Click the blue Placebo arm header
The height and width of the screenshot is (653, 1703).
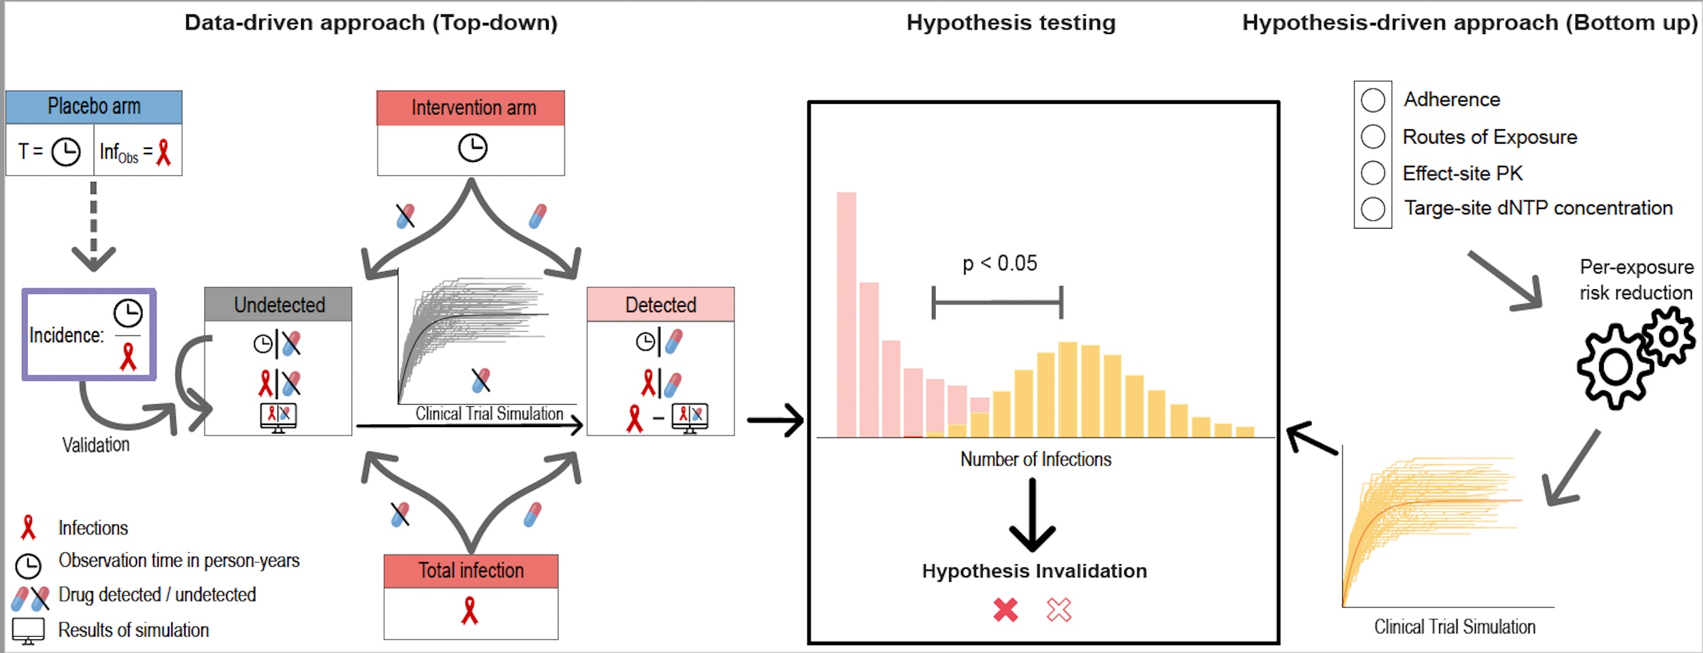click(94, 106)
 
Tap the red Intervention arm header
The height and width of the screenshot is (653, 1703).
click(471, 108)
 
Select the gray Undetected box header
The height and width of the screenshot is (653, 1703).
click(278, 305)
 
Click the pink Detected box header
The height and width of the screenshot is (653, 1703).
click(660, 305)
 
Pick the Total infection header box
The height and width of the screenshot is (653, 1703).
click(471, 570)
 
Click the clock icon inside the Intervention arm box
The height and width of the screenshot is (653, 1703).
click(473, 148)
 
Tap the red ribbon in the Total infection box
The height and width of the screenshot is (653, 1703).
click(470, 611)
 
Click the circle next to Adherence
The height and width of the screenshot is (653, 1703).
click(1372, 101)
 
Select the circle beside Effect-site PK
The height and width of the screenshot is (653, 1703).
click(1372, 173)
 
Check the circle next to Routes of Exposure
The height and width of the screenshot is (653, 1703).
click(1372, 137)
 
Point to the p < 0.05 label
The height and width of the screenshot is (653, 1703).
click(999, 263)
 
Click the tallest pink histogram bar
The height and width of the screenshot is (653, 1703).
click(846, 314)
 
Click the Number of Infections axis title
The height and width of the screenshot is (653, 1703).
click(1035, 458)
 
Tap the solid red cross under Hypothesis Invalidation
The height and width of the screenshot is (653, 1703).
click(1005, 609)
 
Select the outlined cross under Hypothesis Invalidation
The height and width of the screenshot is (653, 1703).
click(1058, 609)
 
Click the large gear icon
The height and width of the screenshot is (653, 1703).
click(1615, 367)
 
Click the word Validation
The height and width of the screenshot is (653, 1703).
click(96, 445)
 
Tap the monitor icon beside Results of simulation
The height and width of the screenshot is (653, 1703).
click(29, 631)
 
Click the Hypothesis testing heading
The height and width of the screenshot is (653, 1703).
click(1010, 23)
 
